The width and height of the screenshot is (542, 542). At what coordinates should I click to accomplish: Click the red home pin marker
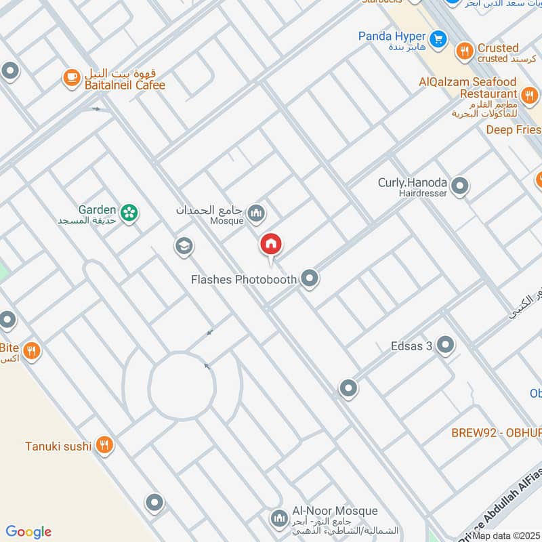coord(271,245)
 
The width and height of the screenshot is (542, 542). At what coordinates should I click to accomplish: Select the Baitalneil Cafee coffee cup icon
coord(70,79)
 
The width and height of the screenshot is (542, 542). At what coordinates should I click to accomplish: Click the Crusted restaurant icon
coord(464,49)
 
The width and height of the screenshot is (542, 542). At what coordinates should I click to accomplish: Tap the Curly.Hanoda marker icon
coord(460,185)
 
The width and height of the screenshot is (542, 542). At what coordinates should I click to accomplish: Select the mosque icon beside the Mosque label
coord(255,215)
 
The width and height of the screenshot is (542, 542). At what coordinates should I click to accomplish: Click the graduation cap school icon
coord(183,247)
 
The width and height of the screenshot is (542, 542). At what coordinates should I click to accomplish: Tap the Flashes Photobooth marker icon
coord(310,278)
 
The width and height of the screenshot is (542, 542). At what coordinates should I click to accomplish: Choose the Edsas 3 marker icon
coord(445,346)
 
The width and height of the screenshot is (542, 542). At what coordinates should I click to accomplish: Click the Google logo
coord(28,532)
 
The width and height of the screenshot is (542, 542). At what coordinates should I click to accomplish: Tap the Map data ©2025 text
coord(507,536)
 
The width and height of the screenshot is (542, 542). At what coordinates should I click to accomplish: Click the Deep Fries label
coord(514,129)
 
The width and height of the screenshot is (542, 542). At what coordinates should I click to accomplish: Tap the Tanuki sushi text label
coord(58,446)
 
